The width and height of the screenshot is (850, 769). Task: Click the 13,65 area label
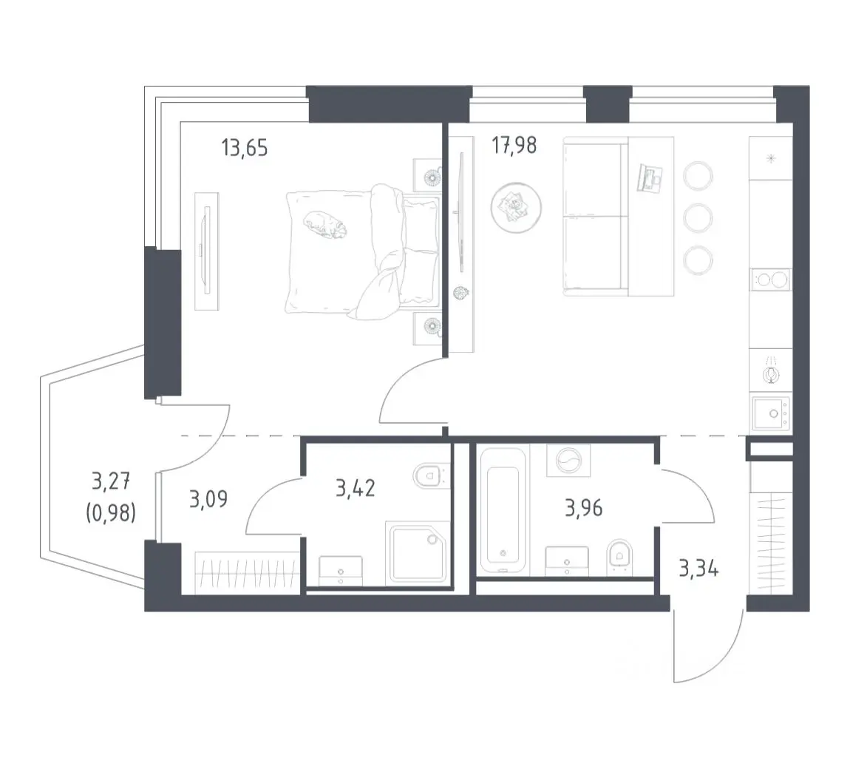pyautogui.click(x=245, y=147)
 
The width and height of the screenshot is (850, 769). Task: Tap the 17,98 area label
pyautogui.click(x=514, y=146)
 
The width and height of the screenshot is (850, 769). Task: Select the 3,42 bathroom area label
pyautogui.click(x=355, y=488)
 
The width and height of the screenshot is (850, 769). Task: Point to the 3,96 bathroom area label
pyautogui.click(x=583, y=508)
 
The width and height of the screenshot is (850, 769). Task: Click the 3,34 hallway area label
pyautogui.click(x=698, y=569)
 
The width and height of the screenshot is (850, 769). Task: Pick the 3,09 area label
pyautogui.click(x=208, y=499)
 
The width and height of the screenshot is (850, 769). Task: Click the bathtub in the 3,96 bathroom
pyautogui.click(x=503, y=510)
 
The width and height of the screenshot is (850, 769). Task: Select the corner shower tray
pyautogui.click(x=418, y=554)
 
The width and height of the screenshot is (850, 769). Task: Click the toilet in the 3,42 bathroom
pyautogui.click(x=432, y=476)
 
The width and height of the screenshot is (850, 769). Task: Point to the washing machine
pyautogui.click(x=568, y=461)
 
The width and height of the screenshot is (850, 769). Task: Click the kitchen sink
pyautogui.click(x=770, y=413)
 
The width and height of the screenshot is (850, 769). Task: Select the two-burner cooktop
pyautogui.click(x=770, y=280)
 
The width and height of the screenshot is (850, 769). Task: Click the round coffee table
pyautogui.click(x=515, y=208)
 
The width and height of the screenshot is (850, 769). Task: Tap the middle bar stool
pyautogui.click(x=698, y=218)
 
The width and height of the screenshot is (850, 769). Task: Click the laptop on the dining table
pyautogui.click(x=650, y=177)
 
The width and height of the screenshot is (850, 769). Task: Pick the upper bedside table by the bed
pyautogui.click(x=427, y=175)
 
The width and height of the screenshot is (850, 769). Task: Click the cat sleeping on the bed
pyautogui.click(x=324, y=225)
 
